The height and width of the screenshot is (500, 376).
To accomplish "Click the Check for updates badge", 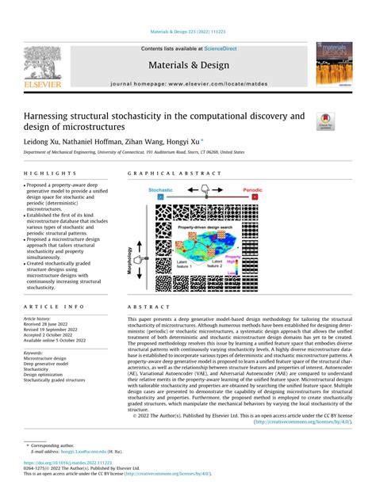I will (x=325, y=121).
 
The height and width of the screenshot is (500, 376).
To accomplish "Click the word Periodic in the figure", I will (x=272, y=190).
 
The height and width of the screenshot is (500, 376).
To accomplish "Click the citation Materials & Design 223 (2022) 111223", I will (x=187, y=32).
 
